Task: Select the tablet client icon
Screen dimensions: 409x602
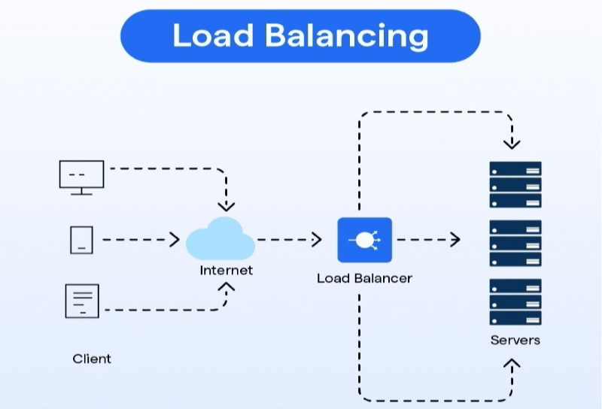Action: click(x=81, y=240)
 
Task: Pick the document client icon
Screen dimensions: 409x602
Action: click(x=81, y=301)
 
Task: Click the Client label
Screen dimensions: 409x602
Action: click(x=92, y=359)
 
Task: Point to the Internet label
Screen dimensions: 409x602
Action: click(x=226, y=270)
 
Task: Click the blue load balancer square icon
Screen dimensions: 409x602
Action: click(x=364, y=240)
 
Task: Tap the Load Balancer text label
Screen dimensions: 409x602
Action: click(x=364, y=278)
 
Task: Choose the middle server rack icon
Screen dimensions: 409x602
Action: click(x=515, y=243)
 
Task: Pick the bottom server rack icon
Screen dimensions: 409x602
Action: click(x=515, y=302)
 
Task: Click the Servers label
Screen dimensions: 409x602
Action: click(x=515, y=340)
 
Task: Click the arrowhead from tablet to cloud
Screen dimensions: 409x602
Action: click(x=175, y=240)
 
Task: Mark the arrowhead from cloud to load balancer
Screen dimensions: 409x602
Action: click(x=316, y=240)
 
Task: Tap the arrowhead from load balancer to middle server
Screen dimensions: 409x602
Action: click(x=455, y=240)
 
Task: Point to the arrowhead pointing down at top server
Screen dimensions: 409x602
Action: click(x=512, y=143)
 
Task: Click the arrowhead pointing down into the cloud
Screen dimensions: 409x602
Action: click(x=226, y=204)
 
